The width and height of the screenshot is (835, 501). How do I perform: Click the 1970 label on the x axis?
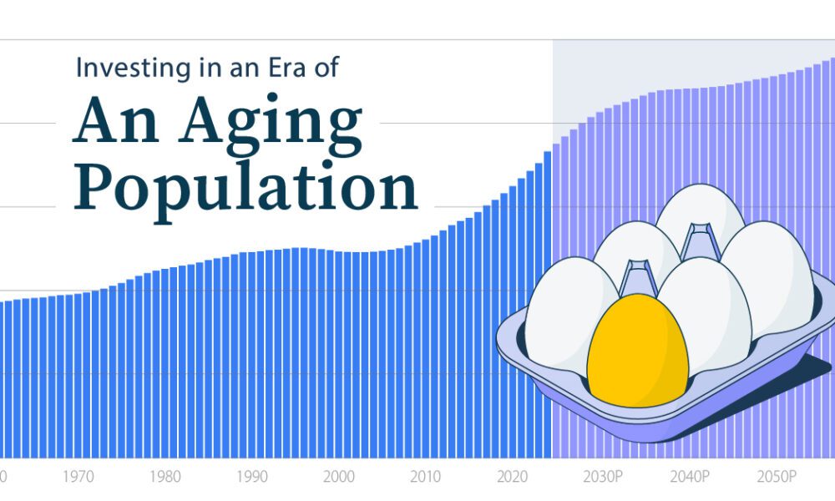point(78,476)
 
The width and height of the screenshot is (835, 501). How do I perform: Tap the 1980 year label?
point(165,476)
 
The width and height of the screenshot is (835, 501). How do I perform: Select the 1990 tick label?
point(252,476)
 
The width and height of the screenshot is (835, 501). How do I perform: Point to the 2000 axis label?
point(339,476)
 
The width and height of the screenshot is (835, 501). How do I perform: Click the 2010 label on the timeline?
point(426,476)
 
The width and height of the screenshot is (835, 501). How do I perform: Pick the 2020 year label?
point(513,476)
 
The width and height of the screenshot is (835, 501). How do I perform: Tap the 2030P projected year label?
point(603,476)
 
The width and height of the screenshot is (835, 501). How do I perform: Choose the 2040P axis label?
point(690,476)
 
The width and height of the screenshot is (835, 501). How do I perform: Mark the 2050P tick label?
point(777,476)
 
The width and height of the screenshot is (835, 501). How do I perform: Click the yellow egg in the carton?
point(637,351)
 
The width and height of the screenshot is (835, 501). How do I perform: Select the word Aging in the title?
point(270,124)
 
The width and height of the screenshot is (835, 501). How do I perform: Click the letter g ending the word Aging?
point(341,129)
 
